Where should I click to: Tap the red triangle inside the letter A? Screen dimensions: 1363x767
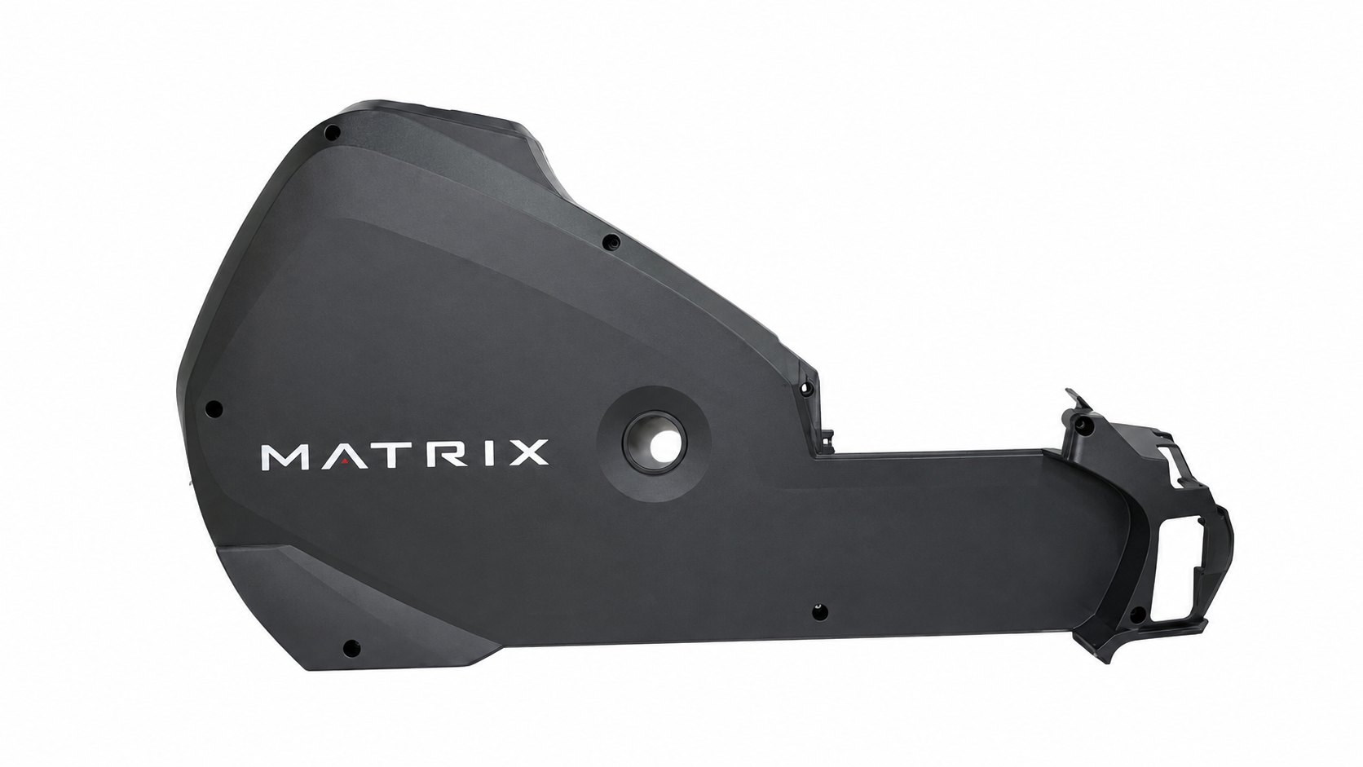pyautogui.click(x=345, y=463)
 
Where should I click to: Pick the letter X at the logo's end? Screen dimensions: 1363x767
pyautogui.click(x=527, y=453)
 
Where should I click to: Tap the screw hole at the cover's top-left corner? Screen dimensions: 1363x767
pyautogui.click(x=333, y=131)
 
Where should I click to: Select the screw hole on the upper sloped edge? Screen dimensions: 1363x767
pyautogui.click(x=611, y=242)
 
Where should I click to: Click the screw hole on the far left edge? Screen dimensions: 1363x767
pyautogui.click(x=214, y=408)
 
